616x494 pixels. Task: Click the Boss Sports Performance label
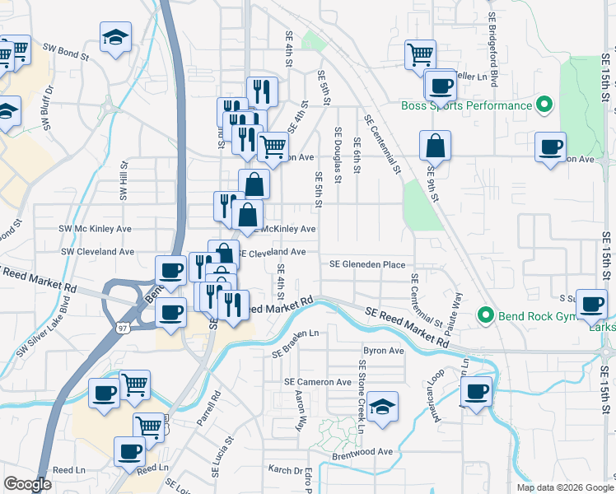(x=466, y=105)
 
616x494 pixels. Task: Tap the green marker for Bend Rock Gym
(x=486, y=315)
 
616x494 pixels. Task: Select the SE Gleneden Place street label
(x=367, y=264)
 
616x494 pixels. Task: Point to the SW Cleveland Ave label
(x=97, y=252)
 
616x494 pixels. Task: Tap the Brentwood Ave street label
(x=362, y=452)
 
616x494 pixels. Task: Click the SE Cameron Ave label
(x=318, y=382)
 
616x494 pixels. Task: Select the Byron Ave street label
(x=384, y=350)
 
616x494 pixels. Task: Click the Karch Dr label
(x=286, y=470)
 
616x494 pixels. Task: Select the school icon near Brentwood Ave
(x=382, y=408)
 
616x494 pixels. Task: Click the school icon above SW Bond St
(x=115, y=36)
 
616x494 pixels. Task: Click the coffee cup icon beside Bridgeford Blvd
(x=441, y=85)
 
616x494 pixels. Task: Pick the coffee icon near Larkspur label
(x=591, y=304)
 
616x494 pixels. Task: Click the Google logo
(x=28, y=484)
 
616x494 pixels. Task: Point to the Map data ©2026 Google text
(x=564, y=487)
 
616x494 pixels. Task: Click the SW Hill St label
(x=124, y=181)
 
